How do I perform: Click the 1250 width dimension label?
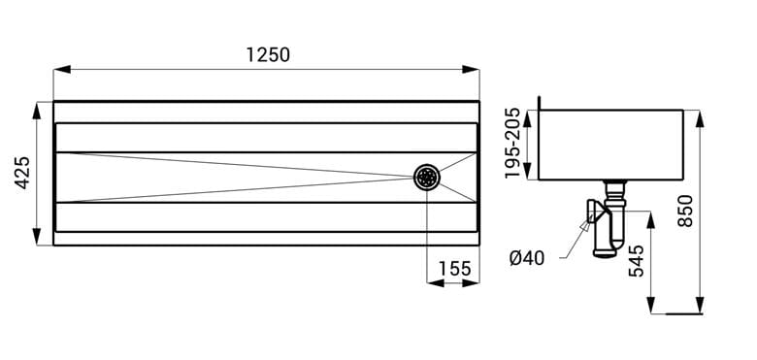pos(268,55)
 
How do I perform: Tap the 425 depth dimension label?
pos(22,173)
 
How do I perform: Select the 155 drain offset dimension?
pos(455,269)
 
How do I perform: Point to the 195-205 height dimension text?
pos(512,144)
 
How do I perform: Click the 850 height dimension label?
pos(685,211)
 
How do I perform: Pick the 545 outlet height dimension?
pos(637,261)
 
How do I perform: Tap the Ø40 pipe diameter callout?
pos(527,259)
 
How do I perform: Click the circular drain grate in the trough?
pos(427,178)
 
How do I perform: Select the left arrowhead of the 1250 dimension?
pos(62,70)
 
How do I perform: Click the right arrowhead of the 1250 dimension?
pos(471,70)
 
